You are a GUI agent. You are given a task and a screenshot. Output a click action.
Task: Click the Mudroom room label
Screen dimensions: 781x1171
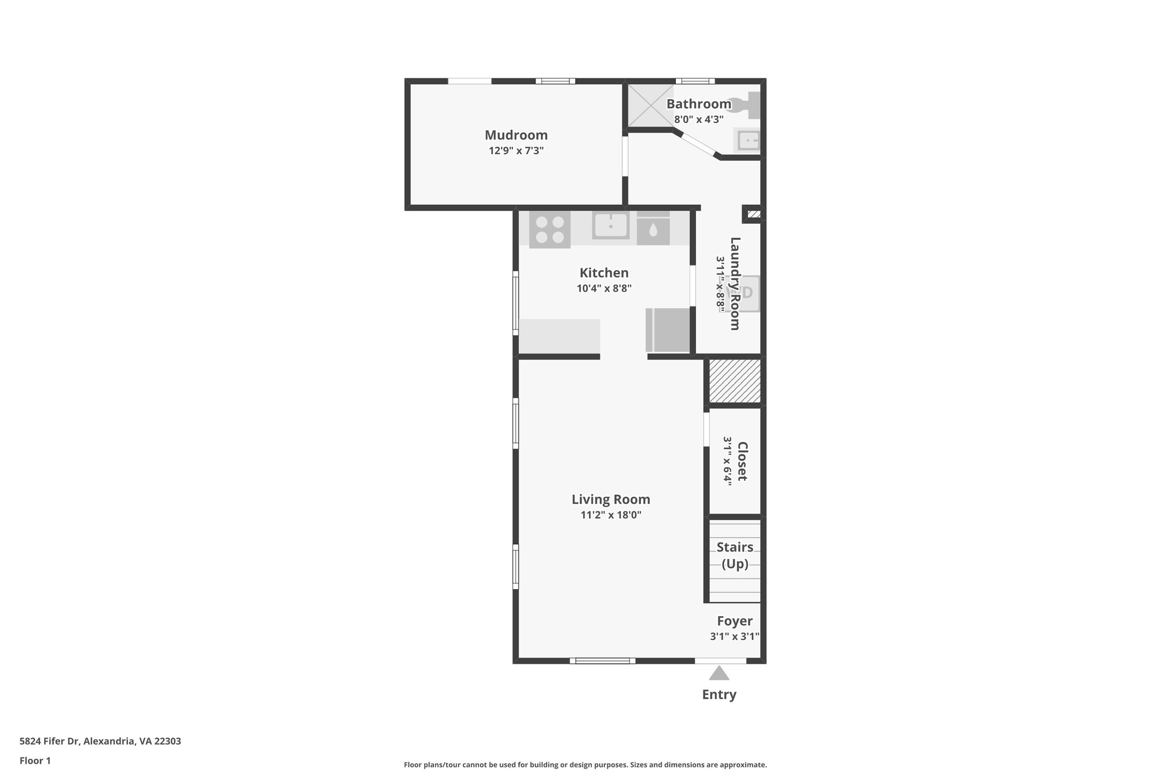[516, 135]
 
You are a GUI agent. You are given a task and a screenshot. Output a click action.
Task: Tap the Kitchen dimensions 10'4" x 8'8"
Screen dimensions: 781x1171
[604, 288]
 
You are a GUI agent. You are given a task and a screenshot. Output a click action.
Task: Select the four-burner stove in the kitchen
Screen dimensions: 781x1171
[549, 229]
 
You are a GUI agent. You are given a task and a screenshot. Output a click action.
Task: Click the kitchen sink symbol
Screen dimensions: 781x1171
[611, 225]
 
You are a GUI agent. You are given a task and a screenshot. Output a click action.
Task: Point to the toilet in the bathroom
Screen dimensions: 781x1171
[747, 105]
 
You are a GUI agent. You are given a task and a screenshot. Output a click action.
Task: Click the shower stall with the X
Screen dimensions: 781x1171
[651, 105]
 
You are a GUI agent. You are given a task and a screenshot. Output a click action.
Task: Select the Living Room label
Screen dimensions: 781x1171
[611, 499]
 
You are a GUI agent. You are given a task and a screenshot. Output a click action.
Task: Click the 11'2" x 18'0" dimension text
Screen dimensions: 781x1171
[611, 515]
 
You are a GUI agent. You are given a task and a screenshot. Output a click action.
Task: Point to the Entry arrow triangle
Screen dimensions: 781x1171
[719, 673]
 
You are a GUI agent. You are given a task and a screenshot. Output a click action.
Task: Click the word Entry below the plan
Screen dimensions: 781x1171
[719, 695]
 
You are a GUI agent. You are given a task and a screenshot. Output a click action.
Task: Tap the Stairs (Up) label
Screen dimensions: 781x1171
[735, 556]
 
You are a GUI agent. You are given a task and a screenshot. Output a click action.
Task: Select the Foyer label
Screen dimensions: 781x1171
[735, 621]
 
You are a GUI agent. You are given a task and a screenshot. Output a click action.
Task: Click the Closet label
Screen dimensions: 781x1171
[742, 461]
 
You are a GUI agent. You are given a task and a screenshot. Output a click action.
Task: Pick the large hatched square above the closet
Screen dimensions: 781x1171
[735, 381]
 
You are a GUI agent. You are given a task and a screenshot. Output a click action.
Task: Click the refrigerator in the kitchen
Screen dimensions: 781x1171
[668, 330]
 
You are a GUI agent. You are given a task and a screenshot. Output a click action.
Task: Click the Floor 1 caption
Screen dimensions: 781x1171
[35, 761]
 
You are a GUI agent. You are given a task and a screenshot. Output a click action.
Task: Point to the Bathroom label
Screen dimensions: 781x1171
[699, 104]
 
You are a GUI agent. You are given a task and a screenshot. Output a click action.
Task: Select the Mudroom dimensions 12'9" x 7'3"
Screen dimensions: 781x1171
[516, 150]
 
